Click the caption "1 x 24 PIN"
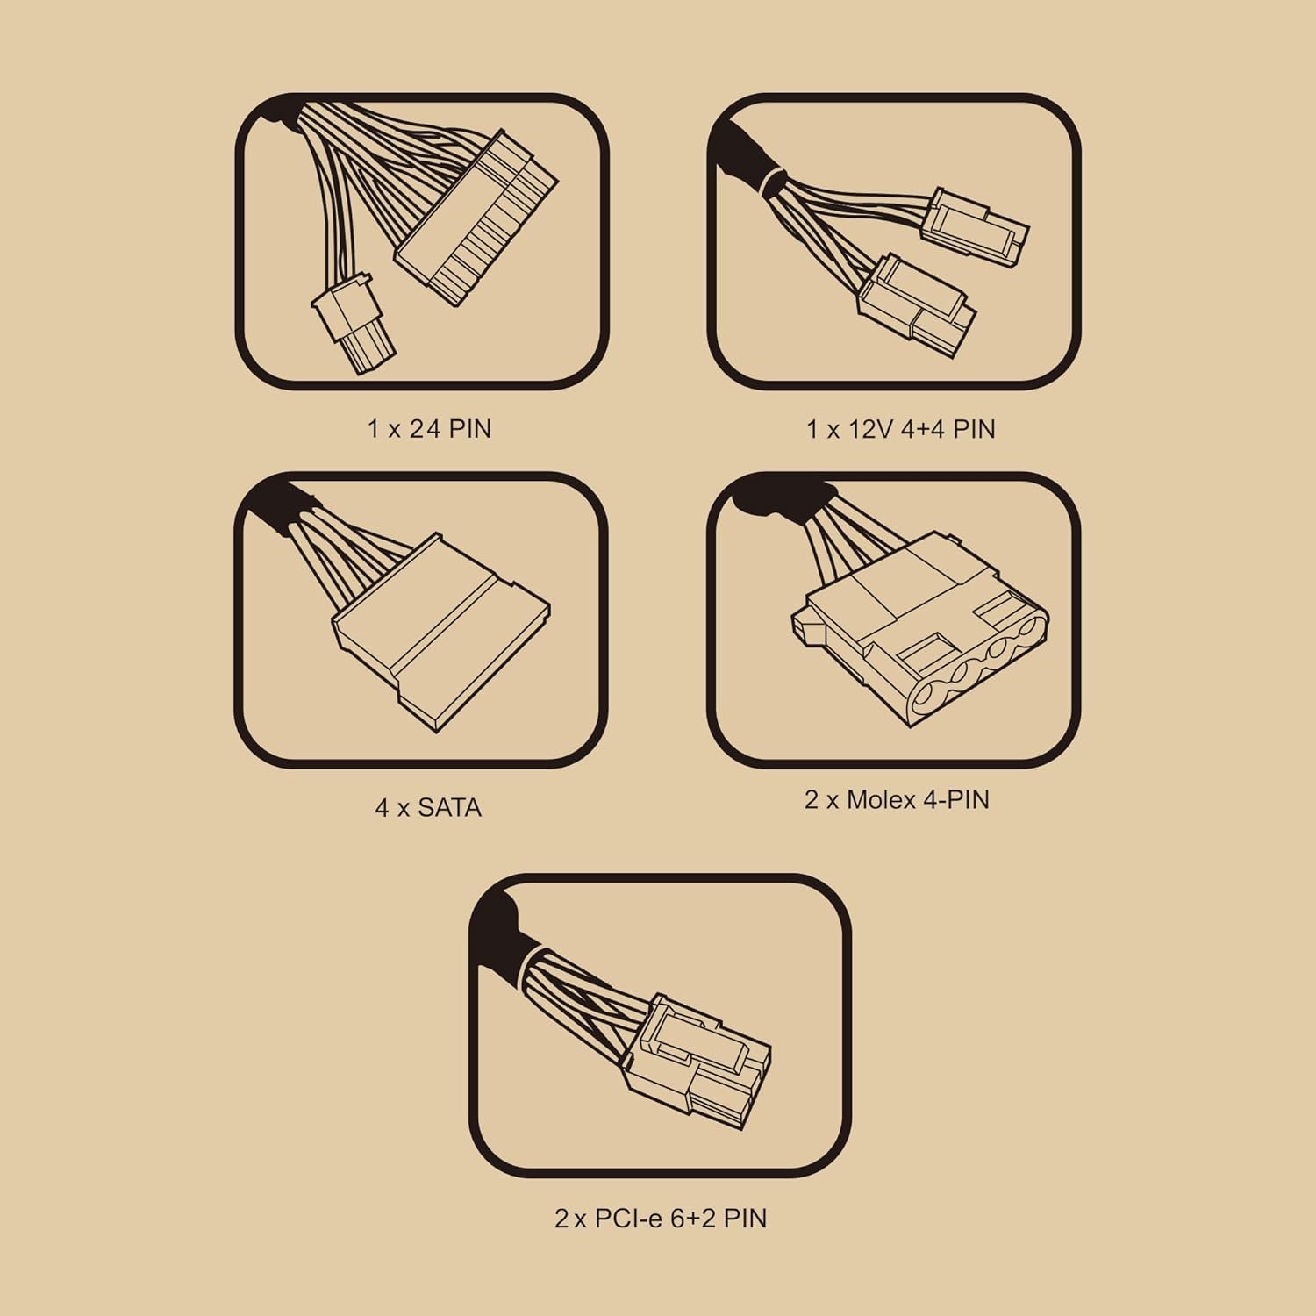429,429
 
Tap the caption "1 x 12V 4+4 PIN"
901,429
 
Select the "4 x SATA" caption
428,807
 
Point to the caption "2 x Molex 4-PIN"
897,799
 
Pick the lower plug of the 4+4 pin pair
915,302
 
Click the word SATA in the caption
449,807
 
